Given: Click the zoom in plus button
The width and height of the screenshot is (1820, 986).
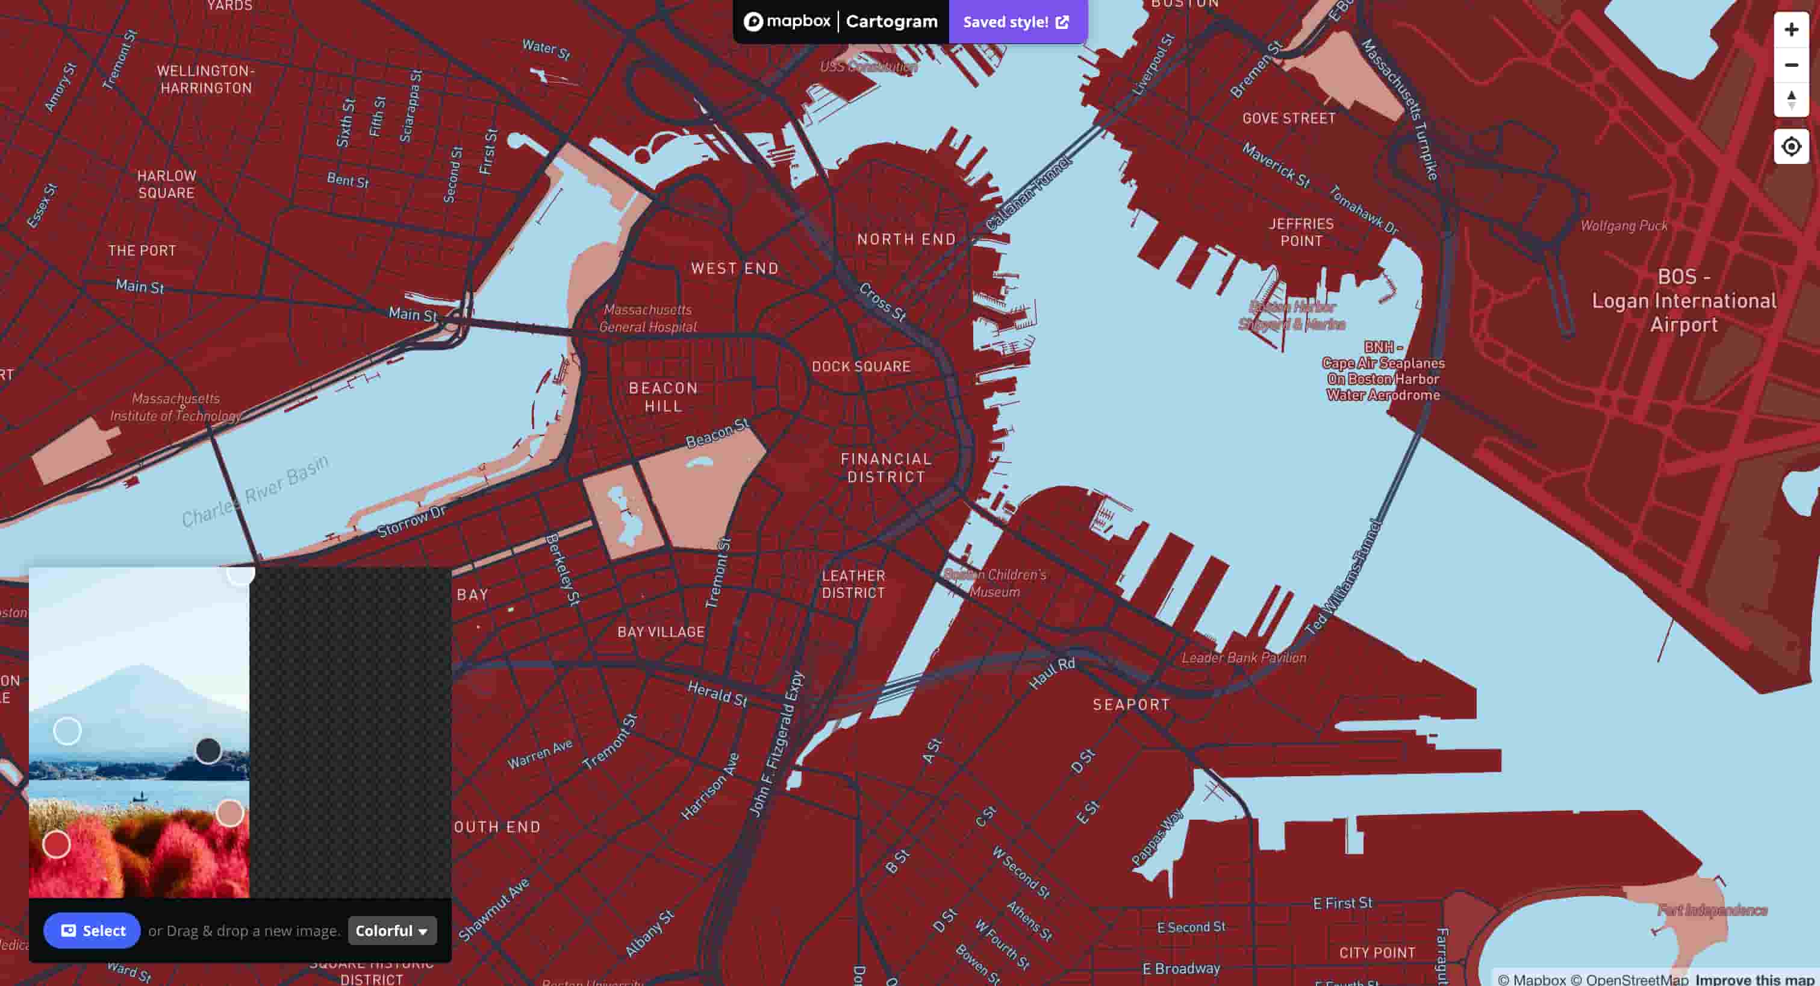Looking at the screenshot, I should tap(1790, 30).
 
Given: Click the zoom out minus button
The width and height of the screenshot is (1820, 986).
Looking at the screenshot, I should tap(1790, 65).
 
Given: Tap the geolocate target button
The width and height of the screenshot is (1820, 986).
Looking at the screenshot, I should tap(1790, 146).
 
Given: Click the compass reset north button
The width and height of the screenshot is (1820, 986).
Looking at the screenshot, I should tap(1790, 99).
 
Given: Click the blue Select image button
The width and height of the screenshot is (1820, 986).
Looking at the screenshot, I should tap(92, 930).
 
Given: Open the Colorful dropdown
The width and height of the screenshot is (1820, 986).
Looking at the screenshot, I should tap(392, 930).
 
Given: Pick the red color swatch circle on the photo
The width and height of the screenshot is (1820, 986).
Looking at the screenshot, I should tap(57, 844).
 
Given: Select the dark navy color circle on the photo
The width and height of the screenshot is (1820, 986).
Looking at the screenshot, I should tap(208, 750).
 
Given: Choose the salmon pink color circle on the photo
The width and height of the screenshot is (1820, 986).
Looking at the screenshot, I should tap(229, 813).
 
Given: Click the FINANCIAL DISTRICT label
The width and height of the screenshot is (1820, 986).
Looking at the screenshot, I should tap(886, 468).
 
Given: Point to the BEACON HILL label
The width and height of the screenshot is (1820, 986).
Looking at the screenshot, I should tap(662, 397).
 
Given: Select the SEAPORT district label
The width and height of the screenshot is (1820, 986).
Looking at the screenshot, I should tap(1131, 705).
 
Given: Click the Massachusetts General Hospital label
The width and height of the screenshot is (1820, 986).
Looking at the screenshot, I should tap(648, 318).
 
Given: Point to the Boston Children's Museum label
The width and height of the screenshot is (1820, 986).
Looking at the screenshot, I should tap(995, 583).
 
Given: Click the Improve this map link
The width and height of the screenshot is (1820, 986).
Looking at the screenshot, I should tap(1754, 979).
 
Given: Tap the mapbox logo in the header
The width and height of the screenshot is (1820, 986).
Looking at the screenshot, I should tap(787, 22).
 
